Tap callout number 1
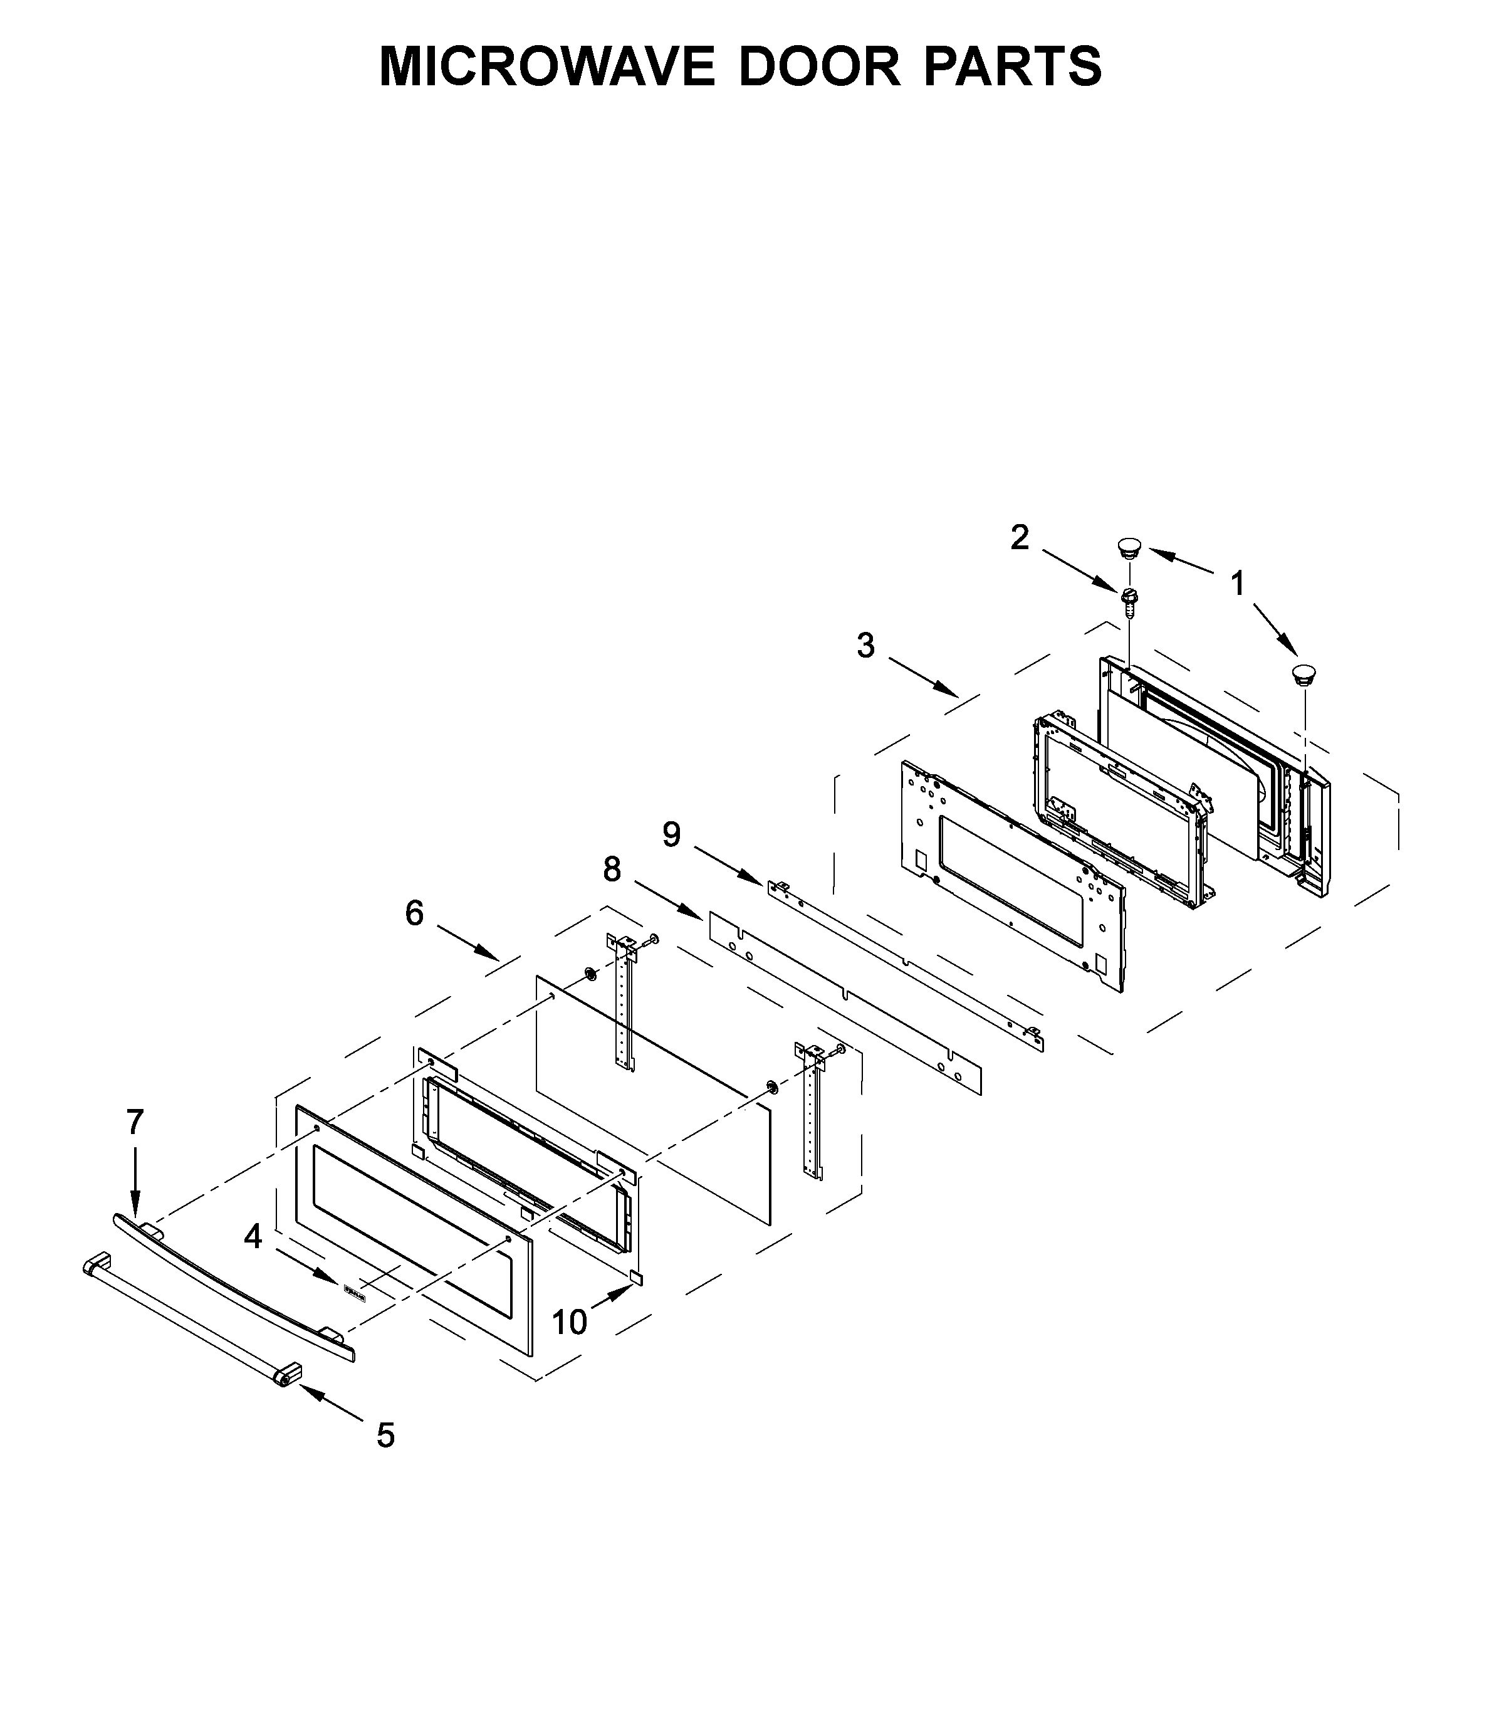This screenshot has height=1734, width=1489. [x=1236, y=583]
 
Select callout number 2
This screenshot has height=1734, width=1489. [x=1019, y=537]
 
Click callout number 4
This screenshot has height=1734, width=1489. [x=253, y=1235]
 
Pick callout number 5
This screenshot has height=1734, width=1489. [x=385, y=1435]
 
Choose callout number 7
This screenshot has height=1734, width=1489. [x=135, y=1122]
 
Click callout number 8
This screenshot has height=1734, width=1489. [x=612, y=870]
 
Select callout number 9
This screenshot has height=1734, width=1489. [x=671, y=834]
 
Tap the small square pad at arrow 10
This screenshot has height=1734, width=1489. [x=637, y=1277]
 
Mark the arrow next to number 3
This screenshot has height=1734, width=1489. [x=922, y=677]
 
